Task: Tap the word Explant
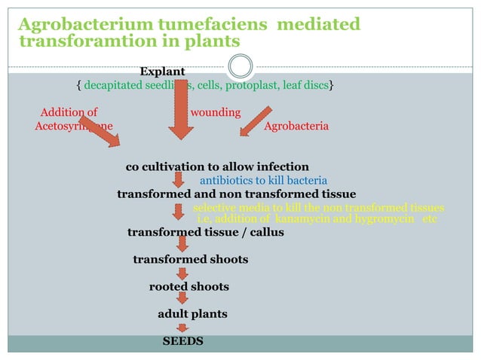click(162, 72)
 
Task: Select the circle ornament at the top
click(240, 66)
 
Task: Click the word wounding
click(216, 113)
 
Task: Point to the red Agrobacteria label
click(296, 127)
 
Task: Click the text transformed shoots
click(190, 260)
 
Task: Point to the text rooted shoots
click(188, 287)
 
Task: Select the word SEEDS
click(183, 341)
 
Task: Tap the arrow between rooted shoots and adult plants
click(182, 299)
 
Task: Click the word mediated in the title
click(319, 25)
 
